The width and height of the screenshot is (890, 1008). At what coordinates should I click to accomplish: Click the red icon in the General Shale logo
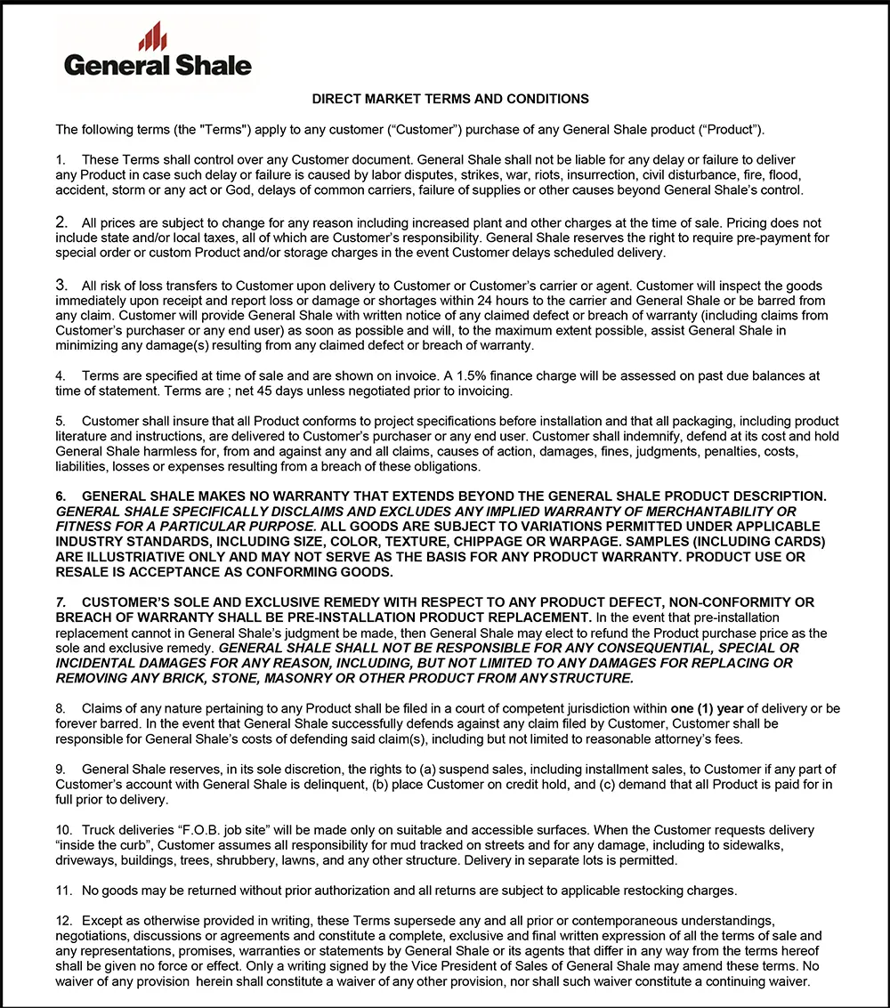[x=152, y=37]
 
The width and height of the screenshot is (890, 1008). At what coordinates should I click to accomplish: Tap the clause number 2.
[x=61, y=222]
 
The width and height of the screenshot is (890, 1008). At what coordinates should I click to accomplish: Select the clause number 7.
[x=61, y=602]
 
